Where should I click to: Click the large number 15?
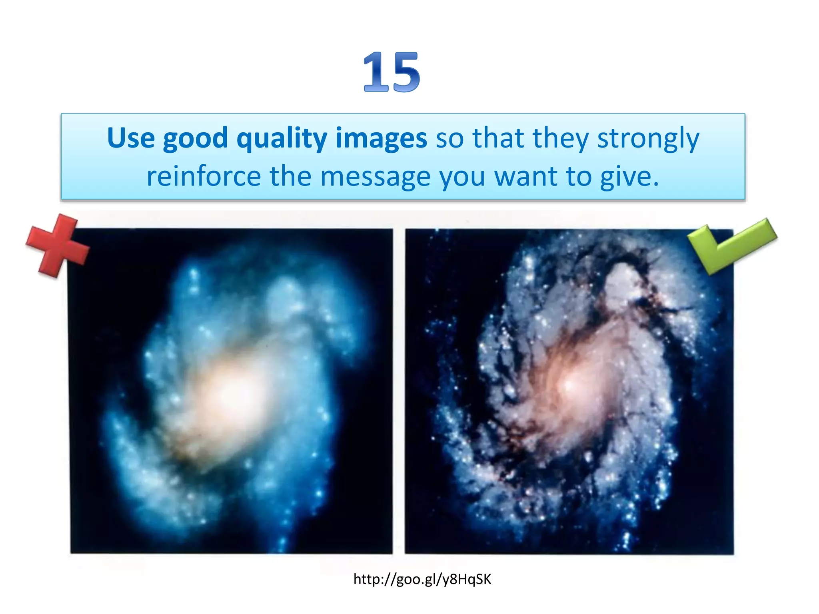(392, 72)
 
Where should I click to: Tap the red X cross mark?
(57, 245)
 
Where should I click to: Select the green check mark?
(731, 245)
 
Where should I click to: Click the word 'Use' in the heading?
(131, 138)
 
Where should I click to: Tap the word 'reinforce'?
(204, 176)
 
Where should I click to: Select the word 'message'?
(375, 177)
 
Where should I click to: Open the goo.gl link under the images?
(422, 579)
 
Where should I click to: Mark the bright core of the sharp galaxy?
(570, 386)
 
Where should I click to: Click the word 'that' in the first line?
(498, 138)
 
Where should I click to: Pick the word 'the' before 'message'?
(290, 176)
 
